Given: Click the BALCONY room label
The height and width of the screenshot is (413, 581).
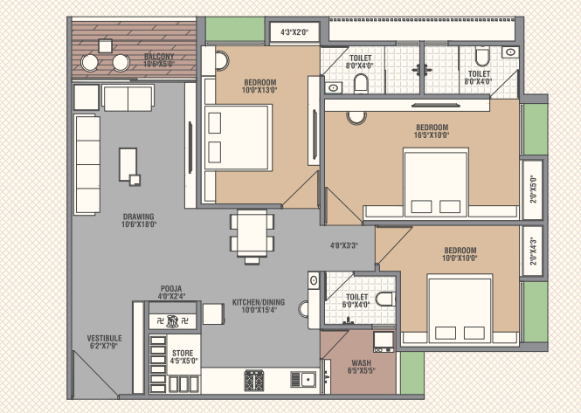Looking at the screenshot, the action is pyautogui.click(x=159, y=57).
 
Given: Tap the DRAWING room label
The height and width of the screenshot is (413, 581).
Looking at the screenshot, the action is pyautogui.click(x=139, y=217).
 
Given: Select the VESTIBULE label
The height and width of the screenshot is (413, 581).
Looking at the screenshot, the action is pyautogui.click(x=104, y=338).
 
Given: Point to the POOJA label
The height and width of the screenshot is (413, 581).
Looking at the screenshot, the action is pyautogui.click(x=171, y=288).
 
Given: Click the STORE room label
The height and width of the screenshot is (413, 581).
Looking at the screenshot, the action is pyautogui.click(x=183, y=353).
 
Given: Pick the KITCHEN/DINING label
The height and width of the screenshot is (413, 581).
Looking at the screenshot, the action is pyautogui.click(x=259, y=302).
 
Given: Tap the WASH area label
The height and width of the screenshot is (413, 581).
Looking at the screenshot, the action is pyautogui.click(x=362, y=363).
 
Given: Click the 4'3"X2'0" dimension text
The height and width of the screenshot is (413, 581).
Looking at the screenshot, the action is pyautogui.click(x=294, y=32).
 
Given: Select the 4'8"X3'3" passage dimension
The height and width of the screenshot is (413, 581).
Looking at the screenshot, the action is pyautogui.click(x=344, y=245).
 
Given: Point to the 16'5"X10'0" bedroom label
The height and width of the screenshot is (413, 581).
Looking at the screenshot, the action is pyautogui.click(x=432, y=135).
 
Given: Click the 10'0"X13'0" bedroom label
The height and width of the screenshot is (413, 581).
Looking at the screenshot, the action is pyautogui.click(x=259, y=90).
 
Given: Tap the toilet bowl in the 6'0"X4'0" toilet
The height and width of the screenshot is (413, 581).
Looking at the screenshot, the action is pyautogui.click(x=385, y=299).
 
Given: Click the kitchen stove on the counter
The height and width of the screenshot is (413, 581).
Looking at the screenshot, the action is pyautogui.click(x=254, y=380).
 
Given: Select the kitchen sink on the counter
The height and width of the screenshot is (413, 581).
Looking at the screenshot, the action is pyautogui.click(x=303, y=379).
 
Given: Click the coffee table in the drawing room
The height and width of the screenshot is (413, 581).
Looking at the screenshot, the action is pyautogui.click(x=128, y=164).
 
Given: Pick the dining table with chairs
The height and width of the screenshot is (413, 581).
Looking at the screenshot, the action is pyautogui.click(x=252, y=237).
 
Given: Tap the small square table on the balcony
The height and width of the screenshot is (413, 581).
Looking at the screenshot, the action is pyautogui.click(x=105, y=46).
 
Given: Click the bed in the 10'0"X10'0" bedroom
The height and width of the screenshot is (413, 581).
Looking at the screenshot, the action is pyautogui.click(x=460, y=308).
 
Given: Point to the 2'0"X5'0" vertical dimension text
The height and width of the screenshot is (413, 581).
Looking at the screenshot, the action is pyautogui.click(x=533, y=189).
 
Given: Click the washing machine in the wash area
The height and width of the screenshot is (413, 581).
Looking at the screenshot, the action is pyautogui.click(x=384, y=341).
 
